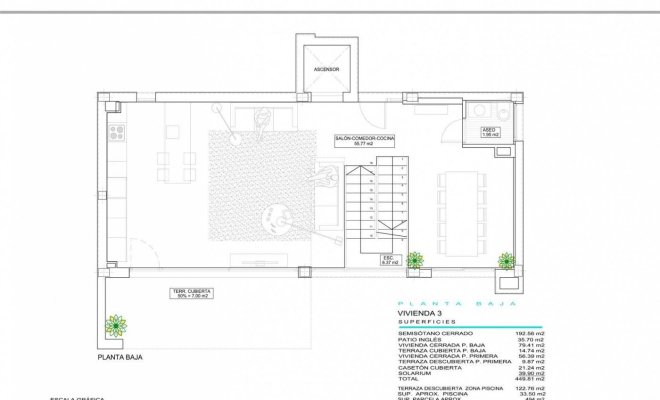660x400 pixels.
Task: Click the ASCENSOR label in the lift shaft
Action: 326,69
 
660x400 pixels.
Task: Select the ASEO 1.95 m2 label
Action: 490,132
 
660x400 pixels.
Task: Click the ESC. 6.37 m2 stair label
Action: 390,259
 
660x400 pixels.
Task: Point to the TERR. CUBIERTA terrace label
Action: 192,293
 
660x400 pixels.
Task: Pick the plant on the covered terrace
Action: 115,325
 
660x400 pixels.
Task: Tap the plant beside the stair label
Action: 414,260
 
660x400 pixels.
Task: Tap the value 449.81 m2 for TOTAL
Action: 529,378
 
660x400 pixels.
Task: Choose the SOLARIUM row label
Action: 414,373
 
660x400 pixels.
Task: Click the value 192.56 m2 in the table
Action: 529,333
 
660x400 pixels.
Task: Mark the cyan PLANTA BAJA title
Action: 456,303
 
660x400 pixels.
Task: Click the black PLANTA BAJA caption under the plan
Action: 120,357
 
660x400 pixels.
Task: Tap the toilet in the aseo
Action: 503,114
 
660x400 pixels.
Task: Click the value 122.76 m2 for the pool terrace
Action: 529,388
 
